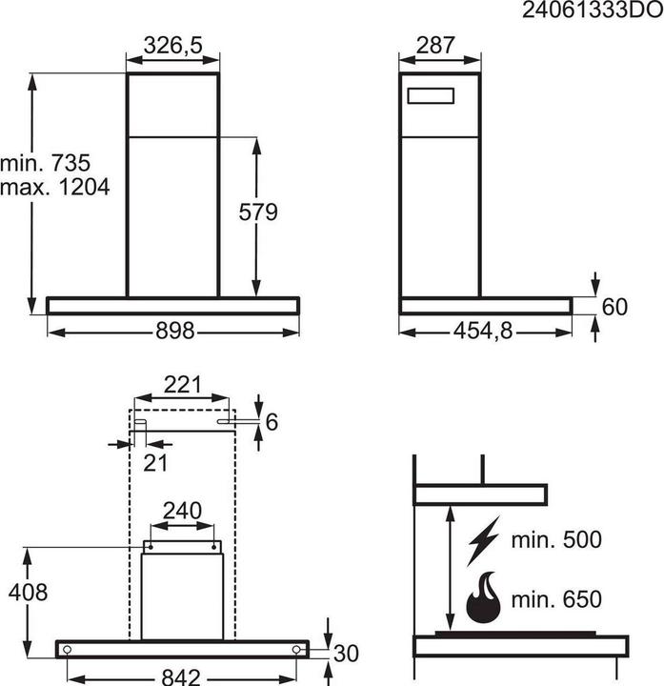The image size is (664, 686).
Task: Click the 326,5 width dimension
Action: point(173,45)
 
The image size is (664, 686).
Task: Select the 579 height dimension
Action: point(258,212)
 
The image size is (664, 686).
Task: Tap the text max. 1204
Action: point(54,187)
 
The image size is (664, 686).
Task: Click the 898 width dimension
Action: point(173,331)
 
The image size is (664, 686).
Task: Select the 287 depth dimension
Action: point(436,45)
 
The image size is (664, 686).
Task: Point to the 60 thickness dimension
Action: point(616,306)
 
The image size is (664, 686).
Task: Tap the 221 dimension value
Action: point(182,385)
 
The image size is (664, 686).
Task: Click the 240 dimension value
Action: point(182,511)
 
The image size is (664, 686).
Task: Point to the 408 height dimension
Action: point(28,593)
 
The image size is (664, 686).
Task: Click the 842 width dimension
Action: point(180,676)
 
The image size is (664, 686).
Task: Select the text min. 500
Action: point(555,540)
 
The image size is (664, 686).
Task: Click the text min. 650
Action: point(555,599)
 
